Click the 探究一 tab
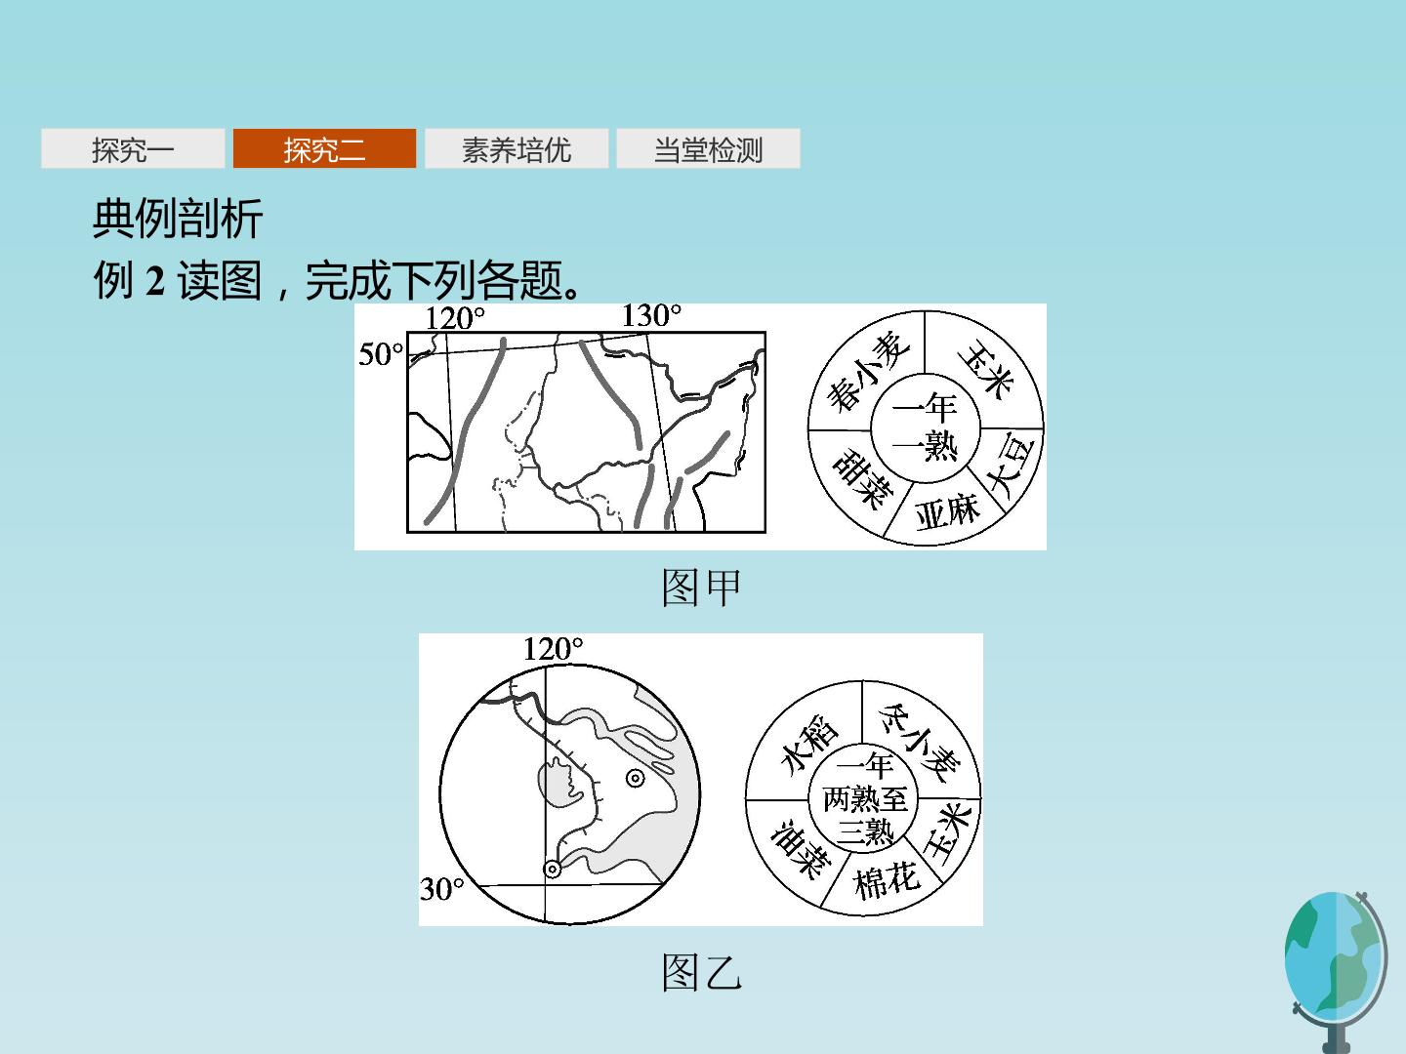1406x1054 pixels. click(x=133, y=148)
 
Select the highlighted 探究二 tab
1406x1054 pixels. click(x=324, y=148)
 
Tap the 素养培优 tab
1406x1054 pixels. click(x=517, y=148)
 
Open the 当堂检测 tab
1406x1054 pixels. click(x=708, y=148)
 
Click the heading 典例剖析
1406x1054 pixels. click(x=178, y=219)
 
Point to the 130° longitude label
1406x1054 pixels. click(x=651, y=315)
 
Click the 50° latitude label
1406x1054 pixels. click(x=381, y=354)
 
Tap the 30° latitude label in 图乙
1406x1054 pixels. click(x=442, y=889)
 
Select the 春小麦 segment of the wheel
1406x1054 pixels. click(x=866, y=371)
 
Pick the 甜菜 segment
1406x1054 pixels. click(x=860, y=478)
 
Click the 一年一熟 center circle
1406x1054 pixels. click(x=926, y=428)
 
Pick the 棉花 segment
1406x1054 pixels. click(x=888, y=884)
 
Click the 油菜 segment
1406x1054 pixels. click(x=799, y=848)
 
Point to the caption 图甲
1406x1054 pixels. click(x=701, y=588)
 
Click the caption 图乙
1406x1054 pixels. click(x=701, y=972)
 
